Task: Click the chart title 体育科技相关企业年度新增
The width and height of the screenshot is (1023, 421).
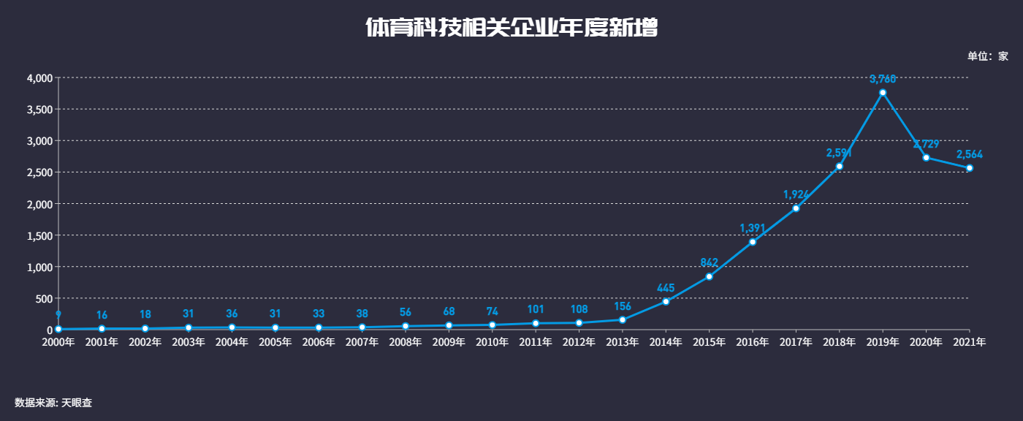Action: click(512, 28)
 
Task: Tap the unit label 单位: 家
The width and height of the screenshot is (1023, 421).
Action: click(987, 56)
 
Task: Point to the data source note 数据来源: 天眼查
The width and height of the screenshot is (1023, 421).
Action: click(53, 403)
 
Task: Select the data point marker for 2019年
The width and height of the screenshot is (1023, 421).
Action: click(883, 93)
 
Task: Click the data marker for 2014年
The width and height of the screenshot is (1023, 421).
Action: click(666, 302)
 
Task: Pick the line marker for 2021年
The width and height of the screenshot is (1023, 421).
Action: click(970, 168)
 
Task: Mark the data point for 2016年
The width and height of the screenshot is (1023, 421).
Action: click(753, 242)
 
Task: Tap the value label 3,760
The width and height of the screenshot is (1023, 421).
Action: click(883, 79)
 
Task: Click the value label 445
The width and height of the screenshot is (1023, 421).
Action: click(666, 288)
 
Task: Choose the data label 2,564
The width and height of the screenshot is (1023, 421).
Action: click(970, 154)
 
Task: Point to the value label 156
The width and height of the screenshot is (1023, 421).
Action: click(623, 306)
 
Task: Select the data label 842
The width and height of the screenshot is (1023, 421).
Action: click(709, 262)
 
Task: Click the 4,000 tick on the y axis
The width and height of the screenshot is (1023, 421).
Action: click(39, 78)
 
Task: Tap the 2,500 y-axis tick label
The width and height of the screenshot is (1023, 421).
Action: click(39, 172)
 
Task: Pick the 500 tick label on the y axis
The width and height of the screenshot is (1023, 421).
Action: click(44, 298)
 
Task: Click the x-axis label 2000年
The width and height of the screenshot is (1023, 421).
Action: click(58, 341)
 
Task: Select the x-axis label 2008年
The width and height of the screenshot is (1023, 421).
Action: click(406, 341)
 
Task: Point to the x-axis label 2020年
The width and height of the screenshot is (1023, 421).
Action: click(926, 341)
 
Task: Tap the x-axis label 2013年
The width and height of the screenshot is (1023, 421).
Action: click(623, 341)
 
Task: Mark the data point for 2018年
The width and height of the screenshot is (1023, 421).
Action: click(840, 167)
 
